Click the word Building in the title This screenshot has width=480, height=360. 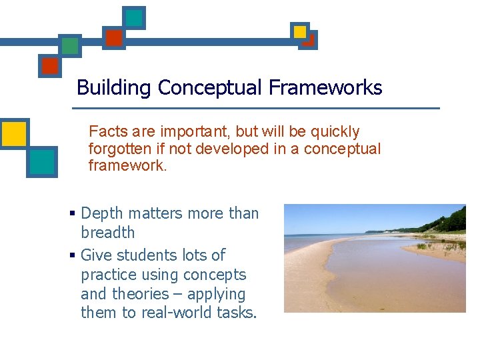[114, 88]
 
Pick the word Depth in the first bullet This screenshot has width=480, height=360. [101, 213]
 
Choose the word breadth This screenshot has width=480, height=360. [107, 233]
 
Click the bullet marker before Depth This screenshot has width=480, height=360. [73, 214]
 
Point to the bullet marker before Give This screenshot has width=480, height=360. [73, 256]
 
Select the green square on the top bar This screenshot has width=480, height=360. [69, 45]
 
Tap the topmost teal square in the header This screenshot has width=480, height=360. [134, 18]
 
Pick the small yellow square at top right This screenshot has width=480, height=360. [300, 31]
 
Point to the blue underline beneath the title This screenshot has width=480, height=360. [256, 108]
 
